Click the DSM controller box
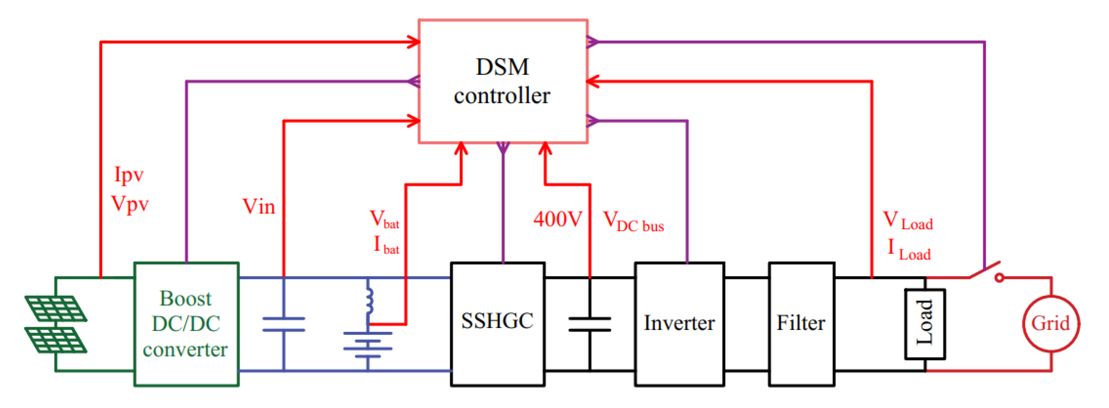coord(503,81)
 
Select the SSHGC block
coord(497,324)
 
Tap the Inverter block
coord(679,324)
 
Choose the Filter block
coord(801,324)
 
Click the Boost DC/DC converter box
coord(186,324)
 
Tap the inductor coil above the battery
coord(369,301)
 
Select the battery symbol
coord(368,345)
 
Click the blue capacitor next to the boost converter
coord(284,324)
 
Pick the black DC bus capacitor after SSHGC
coord(589,324)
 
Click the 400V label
coord(558,219)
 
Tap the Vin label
coord(259,207)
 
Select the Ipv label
coord(129,175)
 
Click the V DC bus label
coord(633,222)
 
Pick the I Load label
coord(909,250)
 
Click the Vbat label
coord(384,219)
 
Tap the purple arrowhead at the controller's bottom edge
coord(503,148)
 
